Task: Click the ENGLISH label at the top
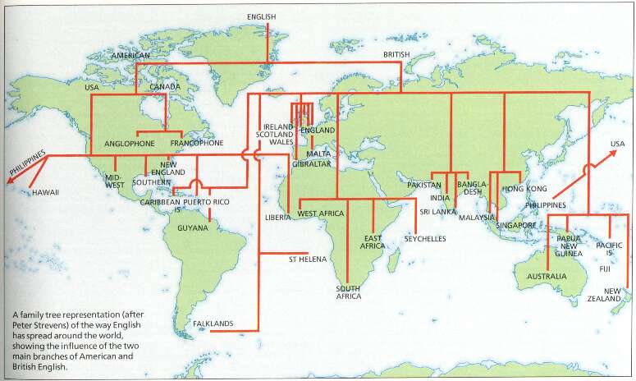(262, 16)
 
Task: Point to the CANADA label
(165, 86)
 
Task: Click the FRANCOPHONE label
(196, 144)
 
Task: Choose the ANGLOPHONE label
(130, 144)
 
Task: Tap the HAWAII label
(47, 193)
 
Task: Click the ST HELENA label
(308, 259)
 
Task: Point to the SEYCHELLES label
(424, 238)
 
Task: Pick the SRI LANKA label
(437, 211)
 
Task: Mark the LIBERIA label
(278, 218)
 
